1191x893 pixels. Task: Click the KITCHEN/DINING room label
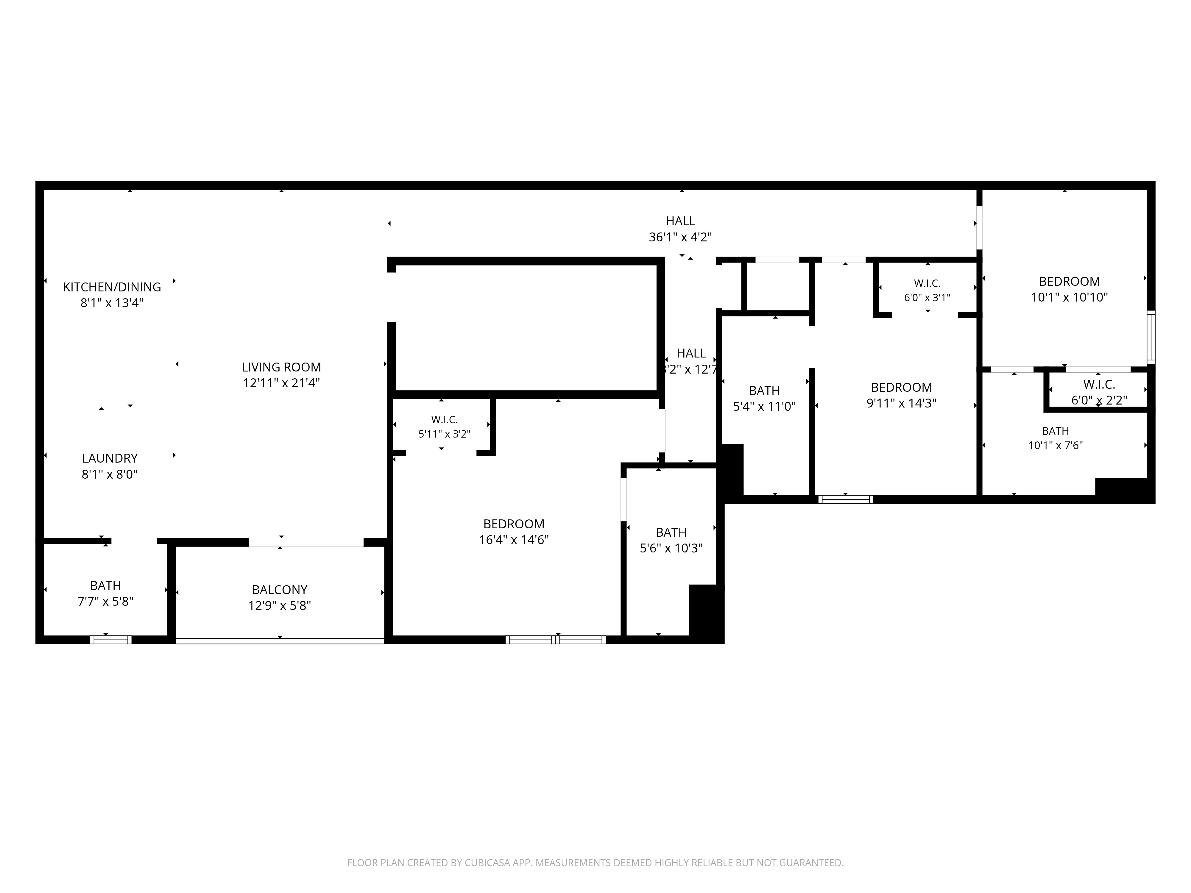tap(112, 287)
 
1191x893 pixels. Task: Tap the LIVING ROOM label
tap(281, 367)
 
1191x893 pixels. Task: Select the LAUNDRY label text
tap(110, 458)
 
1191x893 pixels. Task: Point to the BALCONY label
tap(280, 589)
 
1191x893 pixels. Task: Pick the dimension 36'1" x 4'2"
tap(681, 237)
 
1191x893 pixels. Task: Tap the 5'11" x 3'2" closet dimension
tap(444, 434)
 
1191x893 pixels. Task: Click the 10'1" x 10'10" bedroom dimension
tap(1069, 297)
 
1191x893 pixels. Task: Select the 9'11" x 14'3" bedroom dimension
tap(901, 403)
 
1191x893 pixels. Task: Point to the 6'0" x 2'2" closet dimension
tap(1099, 400)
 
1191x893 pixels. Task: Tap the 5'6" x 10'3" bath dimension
tap(671, 548)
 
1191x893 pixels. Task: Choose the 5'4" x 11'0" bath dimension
tap(764, 406)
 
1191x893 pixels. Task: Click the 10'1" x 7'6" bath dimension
tap(1055, 445)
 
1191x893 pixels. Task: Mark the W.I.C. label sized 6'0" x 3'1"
tap(927, 283)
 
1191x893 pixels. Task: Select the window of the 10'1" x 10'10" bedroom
tap(1151, 336)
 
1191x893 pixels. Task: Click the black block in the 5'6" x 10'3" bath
tap(706, 613)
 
